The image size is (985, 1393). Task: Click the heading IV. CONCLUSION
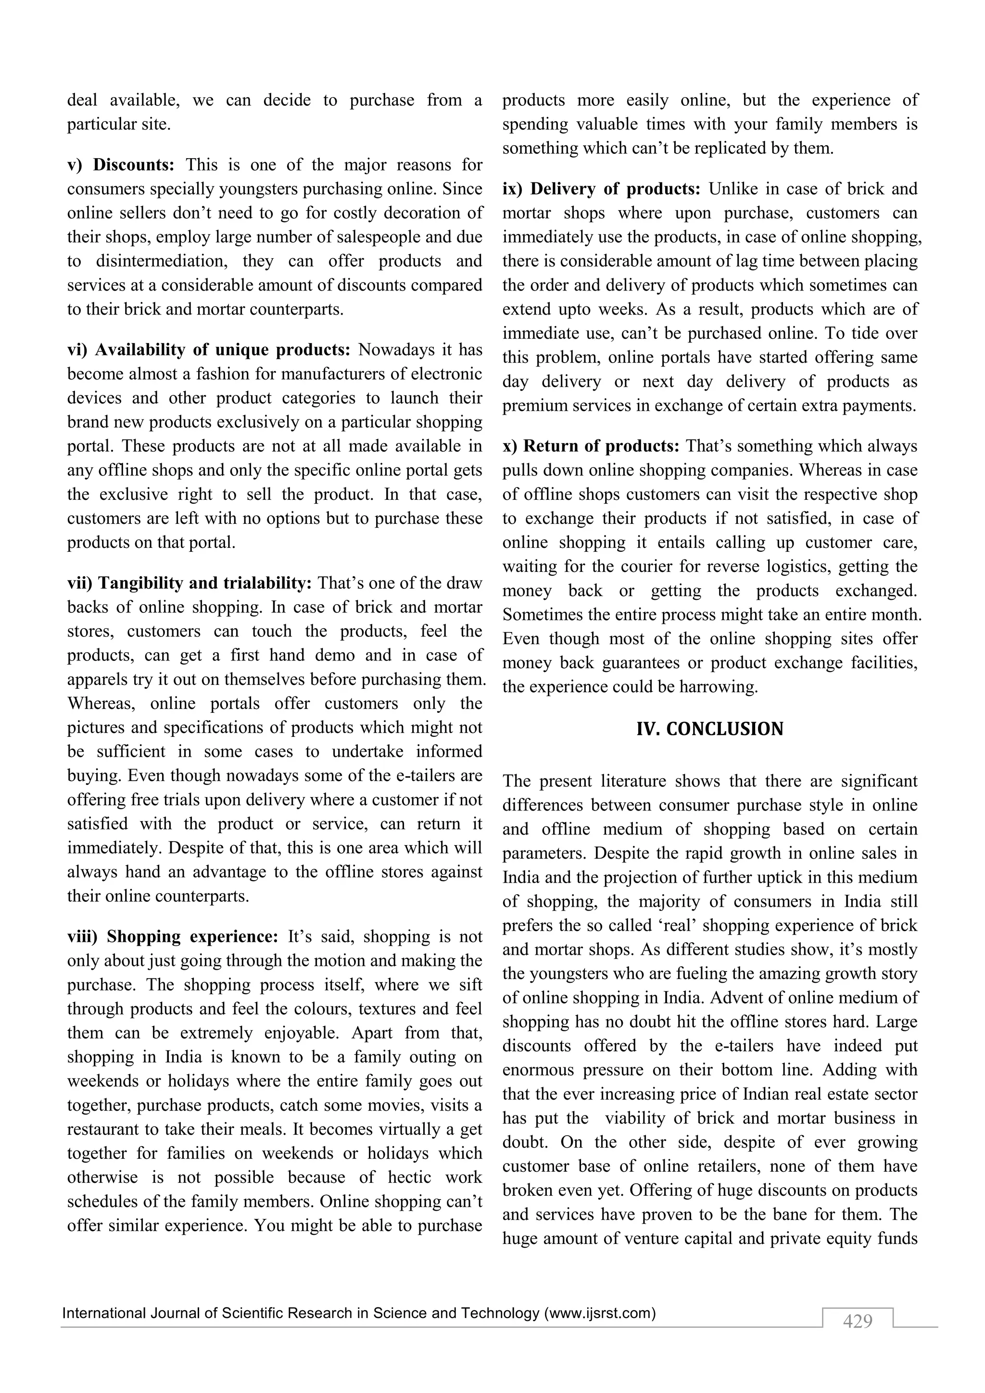pos(709,729)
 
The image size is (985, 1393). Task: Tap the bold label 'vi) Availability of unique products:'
pos(209,350)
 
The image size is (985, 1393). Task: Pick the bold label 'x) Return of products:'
pos(591,446)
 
